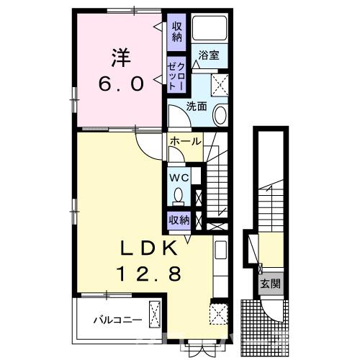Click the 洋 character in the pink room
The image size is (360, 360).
(x=119, y=55)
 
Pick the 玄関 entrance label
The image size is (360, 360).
(x=271, y=283)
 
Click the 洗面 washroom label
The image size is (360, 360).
(x=197, y=106)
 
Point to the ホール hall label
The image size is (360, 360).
(x=185, y=142)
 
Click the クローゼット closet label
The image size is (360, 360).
(x=176, y=74)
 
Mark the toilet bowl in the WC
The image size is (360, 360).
(x=178, y=194)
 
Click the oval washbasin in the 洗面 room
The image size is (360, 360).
(x=221, y=116)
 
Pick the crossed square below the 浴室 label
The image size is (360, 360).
(x=220, y=85)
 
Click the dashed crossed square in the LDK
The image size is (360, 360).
(x=216, y=313)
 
